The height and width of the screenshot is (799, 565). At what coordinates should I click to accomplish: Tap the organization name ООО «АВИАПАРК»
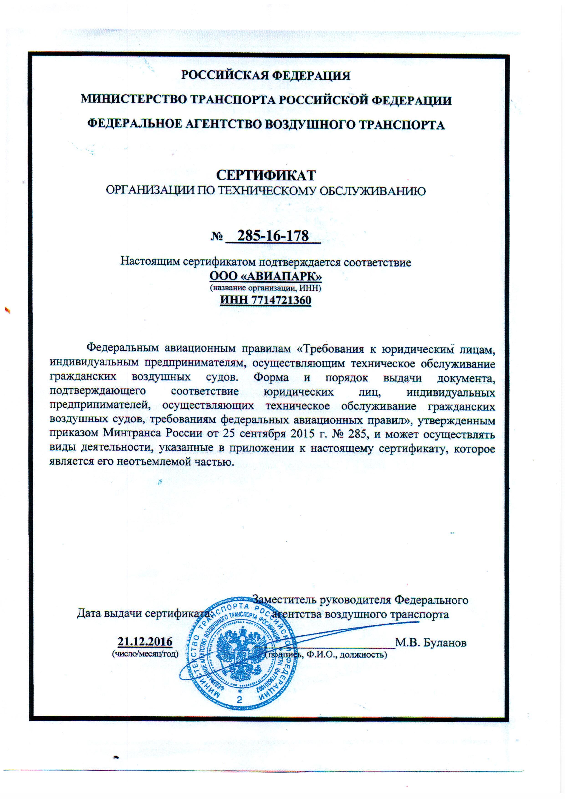[266, 276]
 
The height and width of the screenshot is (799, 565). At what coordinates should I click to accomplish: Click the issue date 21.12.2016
[145, 641]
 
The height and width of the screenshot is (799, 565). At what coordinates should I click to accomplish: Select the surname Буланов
[445, 642]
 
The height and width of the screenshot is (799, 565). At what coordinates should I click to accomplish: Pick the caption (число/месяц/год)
[145, 654]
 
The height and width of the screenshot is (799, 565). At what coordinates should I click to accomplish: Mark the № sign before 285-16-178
[217, 237]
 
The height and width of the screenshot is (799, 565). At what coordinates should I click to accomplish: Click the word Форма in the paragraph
[271, 377]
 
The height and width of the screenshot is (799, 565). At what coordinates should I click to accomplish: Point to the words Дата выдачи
[110, 613]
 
